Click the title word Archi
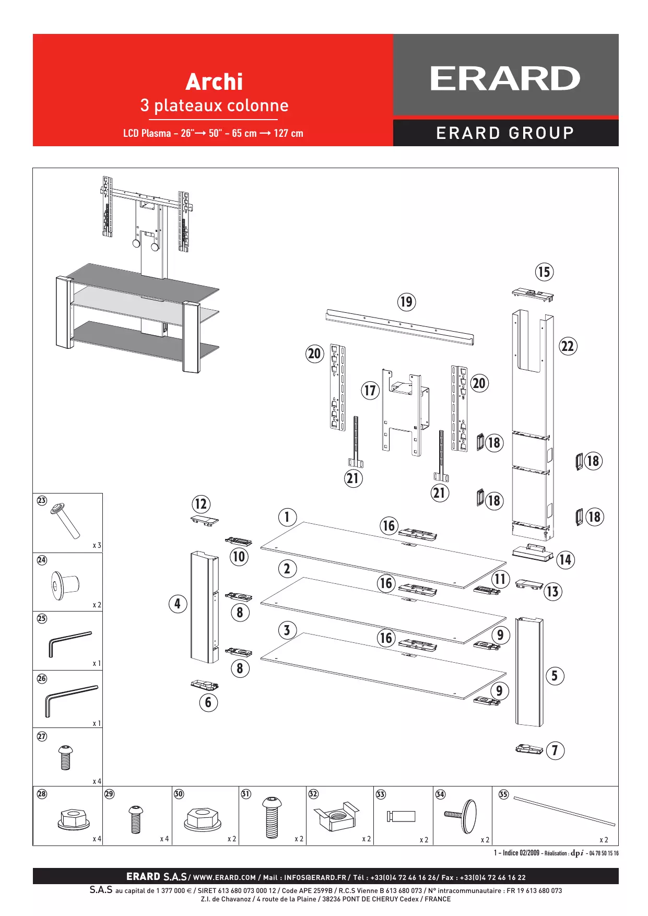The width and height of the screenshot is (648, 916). [214, 82]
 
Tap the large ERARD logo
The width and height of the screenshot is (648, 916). [505, 79]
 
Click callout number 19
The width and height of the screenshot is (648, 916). [406, 302]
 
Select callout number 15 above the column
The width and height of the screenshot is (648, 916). [544, 272]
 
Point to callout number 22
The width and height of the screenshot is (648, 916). [568, 346]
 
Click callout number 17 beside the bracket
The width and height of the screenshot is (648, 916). [370, 390]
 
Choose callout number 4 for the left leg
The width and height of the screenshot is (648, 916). [178, 604]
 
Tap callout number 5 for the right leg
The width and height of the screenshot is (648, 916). [555, 676]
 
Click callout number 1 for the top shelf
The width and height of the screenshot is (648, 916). [287, 517]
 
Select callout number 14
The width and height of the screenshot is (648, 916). [565, 560]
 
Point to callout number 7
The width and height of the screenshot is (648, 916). [555, 750]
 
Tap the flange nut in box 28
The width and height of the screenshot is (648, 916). [72, 820]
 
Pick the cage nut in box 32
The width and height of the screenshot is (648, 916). [337, 816]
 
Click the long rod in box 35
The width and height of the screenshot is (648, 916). [564, 811]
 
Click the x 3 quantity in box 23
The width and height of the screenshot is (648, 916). [97, 545]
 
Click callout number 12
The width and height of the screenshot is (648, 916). [201, 504]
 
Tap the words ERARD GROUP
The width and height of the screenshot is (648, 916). [505, 133]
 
